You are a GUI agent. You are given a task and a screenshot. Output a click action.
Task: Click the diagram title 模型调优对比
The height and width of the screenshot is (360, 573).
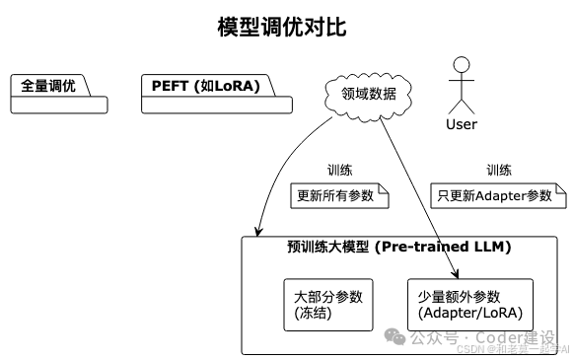282,27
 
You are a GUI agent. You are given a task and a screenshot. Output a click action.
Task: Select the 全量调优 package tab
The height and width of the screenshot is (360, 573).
48,86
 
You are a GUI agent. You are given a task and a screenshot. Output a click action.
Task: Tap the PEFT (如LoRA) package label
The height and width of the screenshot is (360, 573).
205,86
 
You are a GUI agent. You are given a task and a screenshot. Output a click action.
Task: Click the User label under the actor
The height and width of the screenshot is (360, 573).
461,124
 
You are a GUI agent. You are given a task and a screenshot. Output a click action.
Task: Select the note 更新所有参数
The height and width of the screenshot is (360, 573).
335,195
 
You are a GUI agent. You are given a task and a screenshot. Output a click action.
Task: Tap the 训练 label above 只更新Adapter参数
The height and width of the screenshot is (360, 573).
499,170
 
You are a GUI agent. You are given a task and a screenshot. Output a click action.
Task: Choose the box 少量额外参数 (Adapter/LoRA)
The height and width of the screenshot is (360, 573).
469,305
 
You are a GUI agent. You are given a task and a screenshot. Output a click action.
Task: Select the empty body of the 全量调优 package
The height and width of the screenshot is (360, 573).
58,104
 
